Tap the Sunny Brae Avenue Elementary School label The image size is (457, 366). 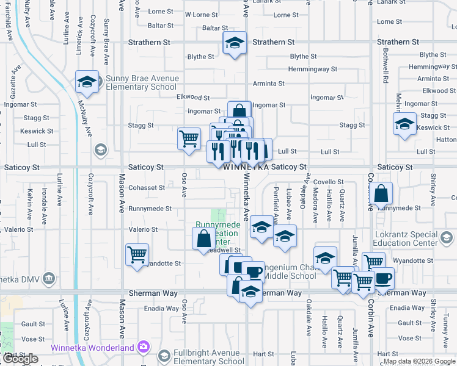coord(142,82)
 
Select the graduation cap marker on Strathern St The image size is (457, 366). coord(234,43)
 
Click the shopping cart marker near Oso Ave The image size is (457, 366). coord(189,138)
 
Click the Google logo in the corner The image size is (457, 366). coord(20,359)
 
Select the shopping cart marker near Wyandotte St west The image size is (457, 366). coord(137,254)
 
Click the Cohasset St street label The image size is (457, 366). coord(147,188)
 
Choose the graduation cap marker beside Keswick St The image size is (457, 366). coord(404,124)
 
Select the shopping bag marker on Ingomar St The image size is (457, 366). coord(239,111)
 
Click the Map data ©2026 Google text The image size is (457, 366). coord(420,362)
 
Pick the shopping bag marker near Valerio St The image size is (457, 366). coord(203,239)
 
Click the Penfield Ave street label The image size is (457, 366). coord(276,205)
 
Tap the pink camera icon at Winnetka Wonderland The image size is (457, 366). coord(144,347)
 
